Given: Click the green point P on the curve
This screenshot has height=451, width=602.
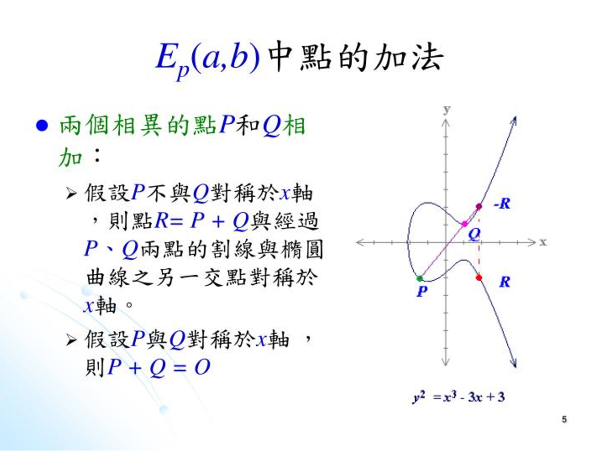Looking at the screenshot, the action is click(x=419, y=279).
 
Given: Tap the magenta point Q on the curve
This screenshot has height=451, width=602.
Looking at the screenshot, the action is click(x=464, y=224).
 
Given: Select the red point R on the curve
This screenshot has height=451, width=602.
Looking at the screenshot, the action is click(x=479, y=278).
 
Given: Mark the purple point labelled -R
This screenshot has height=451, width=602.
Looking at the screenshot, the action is click(x=479, y=207).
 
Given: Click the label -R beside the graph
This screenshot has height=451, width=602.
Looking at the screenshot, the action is click(x=502, y=204).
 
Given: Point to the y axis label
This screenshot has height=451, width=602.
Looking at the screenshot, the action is click(x=447, y=110).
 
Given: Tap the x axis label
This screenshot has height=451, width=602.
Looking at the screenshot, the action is click(x=543, y=242).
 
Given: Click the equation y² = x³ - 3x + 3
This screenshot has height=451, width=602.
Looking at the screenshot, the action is click(x=458, y=397).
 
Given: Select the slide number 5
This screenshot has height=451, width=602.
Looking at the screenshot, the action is click(x=564, y=419).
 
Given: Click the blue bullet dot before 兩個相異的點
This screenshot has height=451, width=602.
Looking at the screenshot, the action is click(x=42, y=126).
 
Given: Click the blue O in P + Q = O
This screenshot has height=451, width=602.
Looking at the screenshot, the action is click(x=202, y=367).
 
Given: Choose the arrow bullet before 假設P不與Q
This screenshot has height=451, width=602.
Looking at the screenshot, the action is click(x=71, y=194).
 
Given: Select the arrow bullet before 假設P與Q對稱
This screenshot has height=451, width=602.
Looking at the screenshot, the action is click(x=71, y=340).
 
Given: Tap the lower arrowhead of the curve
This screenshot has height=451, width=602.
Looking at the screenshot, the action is click(x=515, y=364).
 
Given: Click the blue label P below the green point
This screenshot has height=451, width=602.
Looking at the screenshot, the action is click(x=422, y=291).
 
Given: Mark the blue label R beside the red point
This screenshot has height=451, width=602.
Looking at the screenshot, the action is click(x=504, y=282).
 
